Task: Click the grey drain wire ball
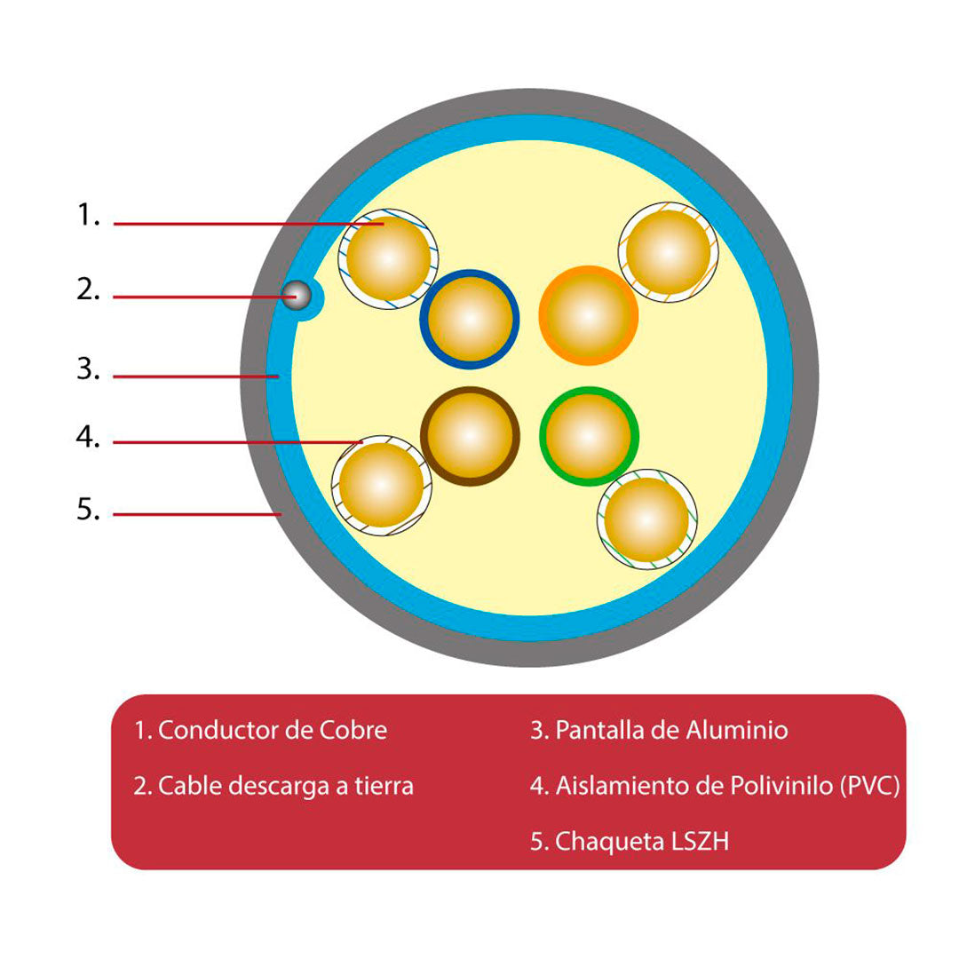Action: tap(297, 296)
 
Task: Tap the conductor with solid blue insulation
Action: tap(470, 320)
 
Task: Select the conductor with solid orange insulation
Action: tap(589, 315)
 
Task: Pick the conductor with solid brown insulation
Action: tap(470, 436)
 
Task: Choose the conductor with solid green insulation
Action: tap(589, 436)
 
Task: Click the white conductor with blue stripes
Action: tap(388, 258)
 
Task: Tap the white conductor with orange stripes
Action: tap(668, 252)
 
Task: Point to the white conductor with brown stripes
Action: tap(382, 486)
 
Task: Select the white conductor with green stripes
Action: tap(647, 519)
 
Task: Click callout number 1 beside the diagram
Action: tap(88, 215)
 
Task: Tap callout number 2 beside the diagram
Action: tap(88, 289)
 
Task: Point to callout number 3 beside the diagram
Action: tap(88, 369)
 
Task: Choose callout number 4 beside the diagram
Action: tap(88, 437)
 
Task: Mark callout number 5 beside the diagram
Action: tap(88, 509)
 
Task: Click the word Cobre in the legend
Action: tap(353, 730)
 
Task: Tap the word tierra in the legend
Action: tap(384, 786)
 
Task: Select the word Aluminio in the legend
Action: tap(737, 730)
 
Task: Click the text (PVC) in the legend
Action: tap(869, 786)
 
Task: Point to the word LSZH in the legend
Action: tap(701, 842)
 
